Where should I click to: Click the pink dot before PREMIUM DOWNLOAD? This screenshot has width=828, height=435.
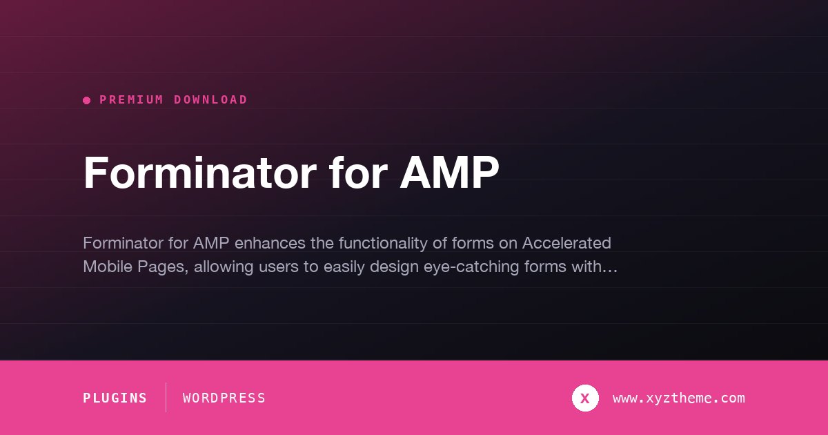(87, 100)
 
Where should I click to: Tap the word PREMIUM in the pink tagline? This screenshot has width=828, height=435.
(132, 100)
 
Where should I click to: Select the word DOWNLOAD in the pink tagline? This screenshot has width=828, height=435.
(210, 100)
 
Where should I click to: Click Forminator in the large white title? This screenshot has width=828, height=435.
(200, 173)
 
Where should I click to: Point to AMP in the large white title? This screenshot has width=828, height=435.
(449, 173)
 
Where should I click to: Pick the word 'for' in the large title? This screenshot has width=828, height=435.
(358, 173)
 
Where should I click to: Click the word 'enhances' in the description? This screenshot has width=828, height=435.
(270, 243)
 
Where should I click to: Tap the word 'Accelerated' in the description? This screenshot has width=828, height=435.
(566, 243)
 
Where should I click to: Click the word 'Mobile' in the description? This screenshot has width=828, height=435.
(108, 267)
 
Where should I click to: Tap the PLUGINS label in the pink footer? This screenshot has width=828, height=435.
(115, 398)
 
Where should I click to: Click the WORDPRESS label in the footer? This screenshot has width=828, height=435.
(224, 398)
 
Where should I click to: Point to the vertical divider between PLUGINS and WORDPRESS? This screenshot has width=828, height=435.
(166, 397)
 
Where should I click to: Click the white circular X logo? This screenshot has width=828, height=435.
(585, 398)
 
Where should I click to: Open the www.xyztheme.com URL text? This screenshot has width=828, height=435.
(679, 398)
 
